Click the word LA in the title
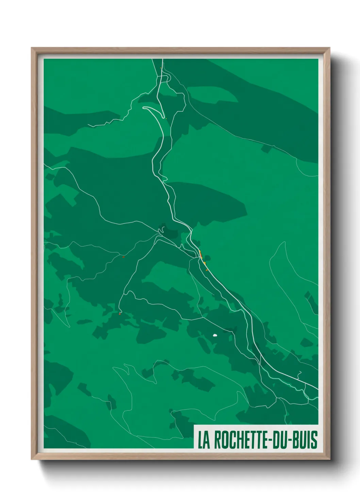point(204,440)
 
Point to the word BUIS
point(305,440)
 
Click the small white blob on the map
point(215,335)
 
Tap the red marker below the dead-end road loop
point(120,314)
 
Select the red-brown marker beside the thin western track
point(123,257)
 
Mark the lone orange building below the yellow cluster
point(207,270)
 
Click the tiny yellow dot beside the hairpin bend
point(166,119)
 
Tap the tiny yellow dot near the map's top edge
point(161,68)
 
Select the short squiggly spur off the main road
point(299,374)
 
